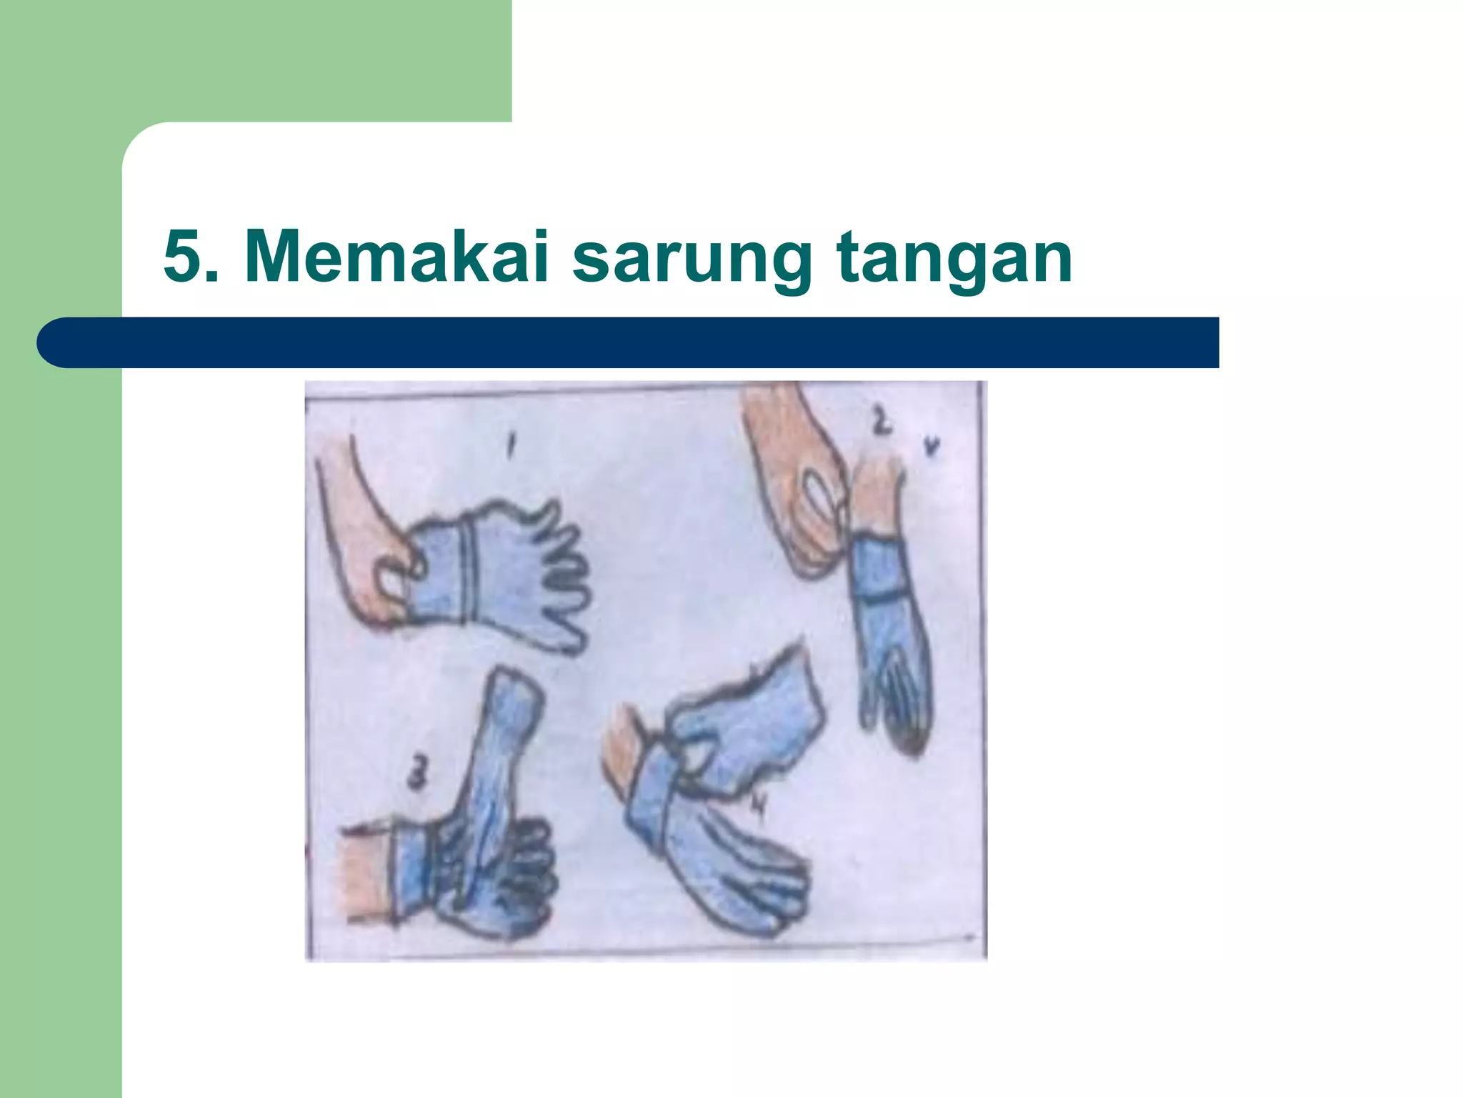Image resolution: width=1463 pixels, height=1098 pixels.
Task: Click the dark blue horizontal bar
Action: [629, 342]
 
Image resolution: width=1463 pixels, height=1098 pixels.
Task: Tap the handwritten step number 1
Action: [511, 446]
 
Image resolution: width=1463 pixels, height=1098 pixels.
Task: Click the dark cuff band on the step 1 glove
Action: [468, 572]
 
